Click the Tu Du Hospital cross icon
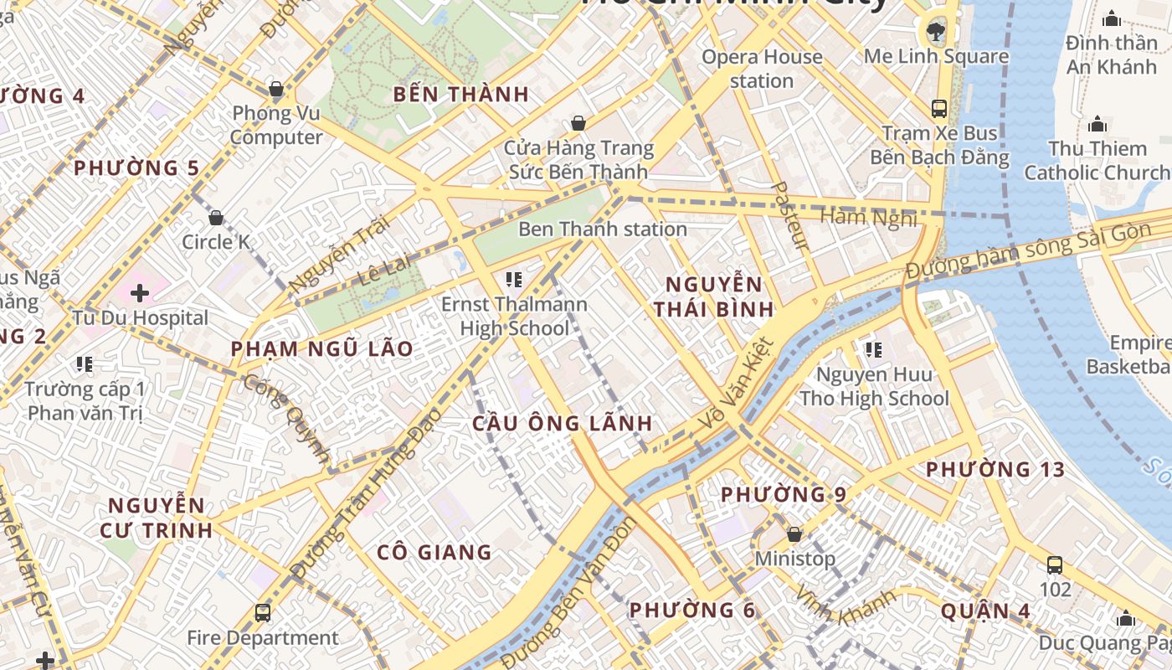click(x=140, y=293)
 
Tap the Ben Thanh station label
click(x=603, y=229)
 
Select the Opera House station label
click(x=762, y=69)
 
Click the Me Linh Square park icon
click(x=933, y=33)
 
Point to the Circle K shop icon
click(x=216, y=219)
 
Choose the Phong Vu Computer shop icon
click(x=275, y=90)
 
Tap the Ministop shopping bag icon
click(x=794, y=534)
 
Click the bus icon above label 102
click(x=1055, y=565)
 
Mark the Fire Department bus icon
click(x=263, y=613)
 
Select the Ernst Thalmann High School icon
click(x=514, y=279)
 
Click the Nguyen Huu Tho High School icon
click(x=874, y=350)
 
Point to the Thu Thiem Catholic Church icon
click(x=1097, y=126)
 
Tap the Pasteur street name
click(x=789, y=216)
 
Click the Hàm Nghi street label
click(x=868, y=218)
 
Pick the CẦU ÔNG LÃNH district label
click(x=562, y=423)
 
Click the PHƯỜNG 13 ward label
click(x=995, y=470)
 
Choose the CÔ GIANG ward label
click(x=434, y=552)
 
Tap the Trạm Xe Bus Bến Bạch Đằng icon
click(x=938, y=109)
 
